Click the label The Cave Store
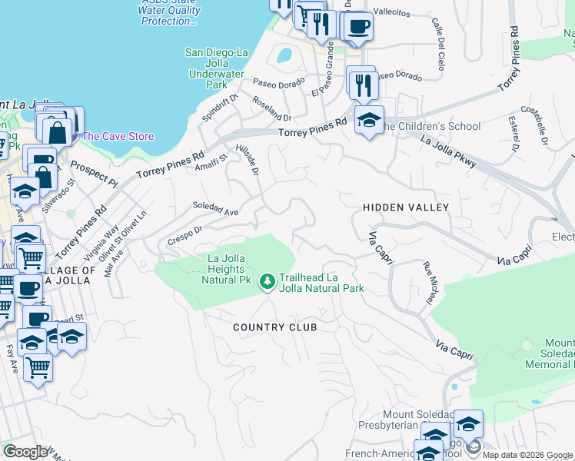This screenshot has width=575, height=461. [x=118, y=136]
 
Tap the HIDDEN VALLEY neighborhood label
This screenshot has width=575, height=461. [x=405, y=207]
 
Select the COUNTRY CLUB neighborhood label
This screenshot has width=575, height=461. [x=274, y=327]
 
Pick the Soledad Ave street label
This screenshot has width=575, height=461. [x=215, y=208]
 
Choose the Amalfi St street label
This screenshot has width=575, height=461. [x=211, y=164]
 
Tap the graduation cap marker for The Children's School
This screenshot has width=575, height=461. [x=369, y=121]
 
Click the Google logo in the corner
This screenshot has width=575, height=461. [x=25, y=452]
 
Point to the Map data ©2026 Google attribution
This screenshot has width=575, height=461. [x=527, y=455]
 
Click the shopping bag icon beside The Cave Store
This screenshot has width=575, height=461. [x=57, y=131]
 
